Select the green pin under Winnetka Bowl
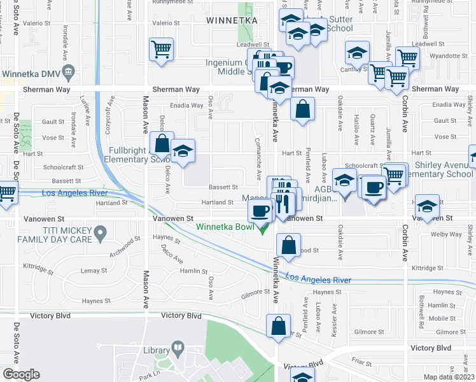262,230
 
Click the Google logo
21,374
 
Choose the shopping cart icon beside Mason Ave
162,49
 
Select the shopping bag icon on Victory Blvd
278,327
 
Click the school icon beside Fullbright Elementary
183,152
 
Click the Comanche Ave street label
258,158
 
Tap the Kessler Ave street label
332,313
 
